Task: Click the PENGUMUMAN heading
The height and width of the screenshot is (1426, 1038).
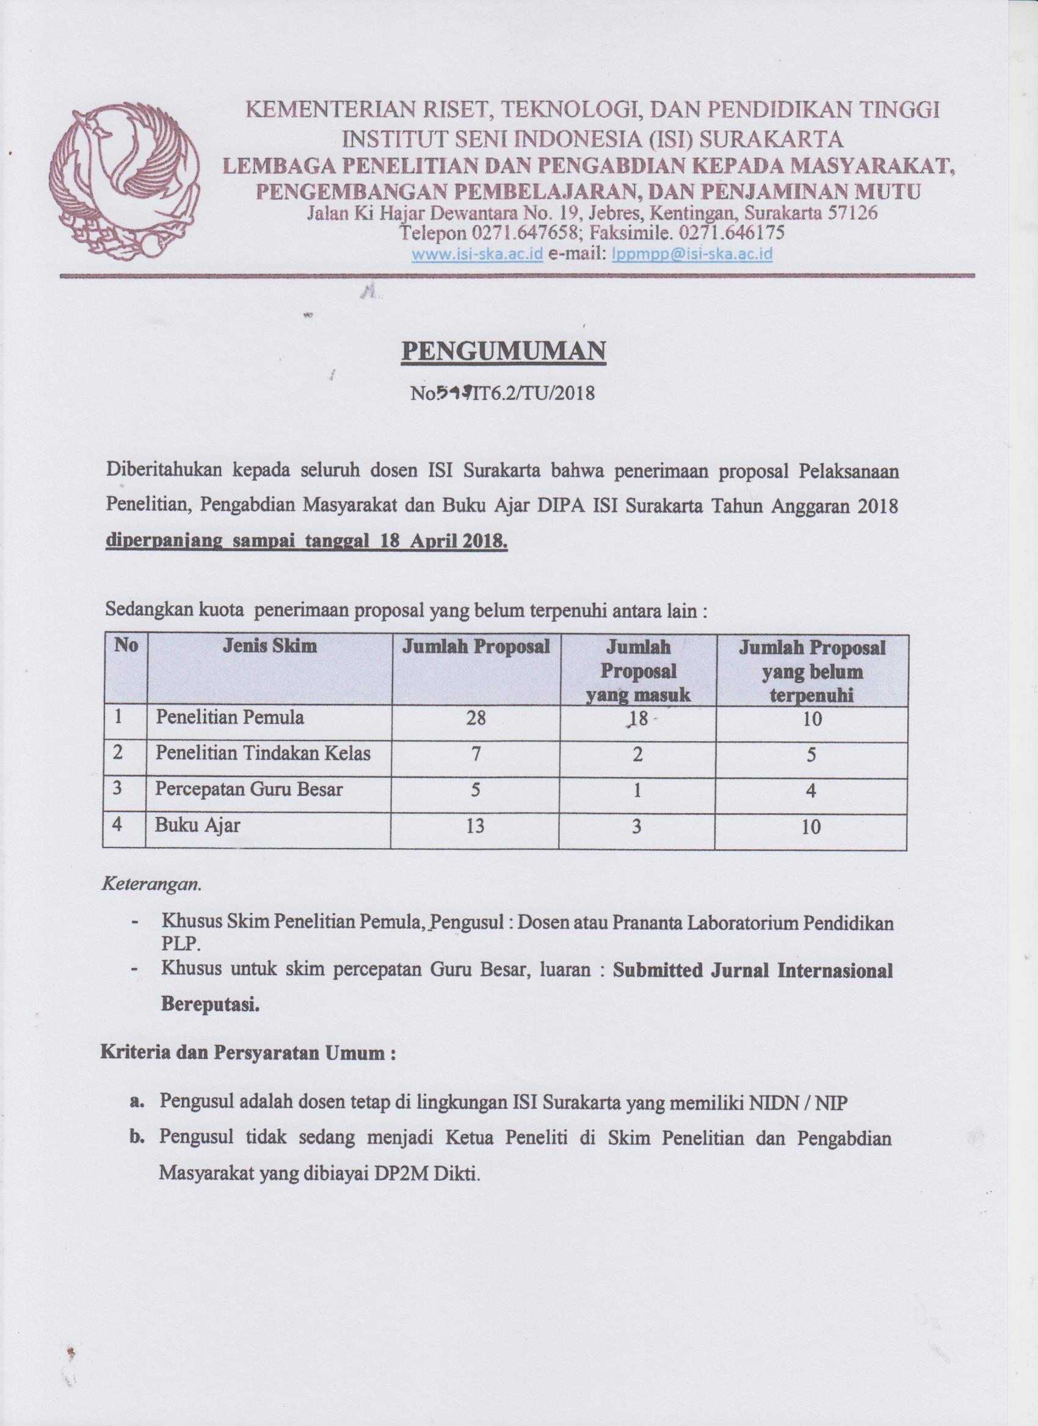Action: (x=503, y=352)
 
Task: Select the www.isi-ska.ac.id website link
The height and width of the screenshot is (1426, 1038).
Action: (x=477, y=255)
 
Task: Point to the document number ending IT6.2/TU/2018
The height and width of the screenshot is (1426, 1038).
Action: (x=502, y=394)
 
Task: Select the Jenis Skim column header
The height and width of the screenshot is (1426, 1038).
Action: (x=269, y=646)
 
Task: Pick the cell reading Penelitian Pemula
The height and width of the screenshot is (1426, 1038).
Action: (x=230, y=717)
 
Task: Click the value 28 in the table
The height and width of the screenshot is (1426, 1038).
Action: (x=476, y=718)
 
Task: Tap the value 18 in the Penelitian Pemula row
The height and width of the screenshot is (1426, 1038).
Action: (x=636, y=718)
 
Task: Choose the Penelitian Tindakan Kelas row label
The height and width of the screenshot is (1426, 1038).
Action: (x=263, y=753)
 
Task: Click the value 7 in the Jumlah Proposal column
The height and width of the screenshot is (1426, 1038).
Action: (x=476, y=754)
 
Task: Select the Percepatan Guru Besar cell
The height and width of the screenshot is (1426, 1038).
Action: (x=249, y=789)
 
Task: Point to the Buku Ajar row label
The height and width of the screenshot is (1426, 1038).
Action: (x=197, y=825)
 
